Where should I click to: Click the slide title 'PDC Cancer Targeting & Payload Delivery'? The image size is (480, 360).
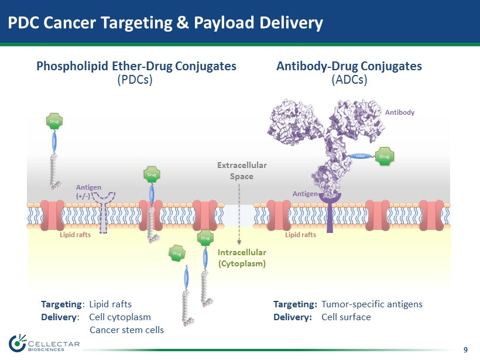click(x=165, y=23)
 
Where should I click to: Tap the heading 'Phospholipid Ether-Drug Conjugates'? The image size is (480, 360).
click(x=136, y=66)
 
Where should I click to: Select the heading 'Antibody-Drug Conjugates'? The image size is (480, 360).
click(x=349, y=66)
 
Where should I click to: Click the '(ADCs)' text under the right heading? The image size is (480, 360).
click(x=349, y=80)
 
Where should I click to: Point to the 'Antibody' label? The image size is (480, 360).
click(x=399, y=112)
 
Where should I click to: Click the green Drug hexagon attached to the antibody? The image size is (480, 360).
click(x=385, y=156)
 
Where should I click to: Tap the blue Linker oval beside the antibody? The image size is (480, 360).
click(x=361, y=156)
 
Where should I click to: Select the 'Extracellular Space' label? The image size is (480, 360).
click(x=242, y=170)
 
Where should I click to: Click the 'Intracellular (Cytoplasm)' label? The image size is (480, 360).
click(x=242, y=258)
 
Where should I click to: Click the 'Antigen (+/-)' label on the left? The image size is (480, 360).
click(x=87, y=191)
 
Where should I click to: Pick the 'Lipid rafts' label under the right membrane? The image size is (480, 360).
click(x=300, y=235)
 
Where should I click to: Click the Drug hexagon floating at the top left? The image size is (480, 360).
click(x=54, y=122)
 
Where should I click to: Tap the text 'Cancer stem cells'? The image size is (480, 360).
click(x=126, y=330)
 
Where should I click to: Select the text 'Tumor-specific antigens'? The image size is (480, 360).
click(x=372, y=304)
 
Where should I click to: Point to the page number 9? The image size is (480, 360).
click(x=465, y=350)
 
